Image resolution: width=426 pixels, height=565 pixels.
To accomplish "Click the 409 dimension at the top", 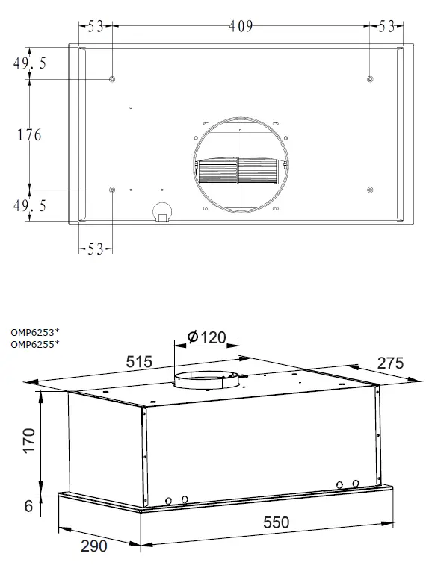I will pyautogui.click(x=241, y=27).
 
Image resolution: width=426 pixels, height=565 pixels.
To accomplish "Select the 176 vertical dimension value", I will pyautogui.click(x=29, y=135).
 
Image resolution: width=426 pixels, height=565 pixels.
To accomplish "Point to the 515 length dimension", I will pyautogui.click(x=138, y=362).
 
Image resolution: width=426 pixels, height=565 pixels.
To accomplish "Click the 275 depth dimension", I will pyautogui.click(x=389, y=363).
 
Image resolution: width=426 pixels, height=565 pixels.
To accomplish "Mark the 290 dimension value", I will pyautogui.click(x=93, y=546).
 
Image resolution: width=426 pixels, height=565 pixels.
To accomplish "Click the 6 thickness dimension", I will pyautogui.click(x=28, y=506).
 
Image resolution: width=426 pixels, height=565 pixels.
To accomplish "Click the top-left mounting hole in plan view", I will pyautogui.click(x=112, y=79).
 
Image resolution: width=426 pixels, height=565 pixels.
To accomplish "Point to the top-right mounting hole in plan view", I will pyautogui.click(x=371, y=79).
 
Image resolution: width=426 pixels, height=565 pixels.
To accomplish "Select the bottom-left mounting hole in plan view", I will pyautogui.click(x=112, y=190).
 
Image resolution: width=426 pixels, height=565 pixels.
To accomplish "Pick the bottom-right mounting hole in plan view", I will pyautogui.click(x=371, y=190).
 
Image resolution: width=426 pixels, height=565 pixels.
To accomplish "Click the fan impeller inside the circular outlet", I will pyautogui.click(x=239, y=169).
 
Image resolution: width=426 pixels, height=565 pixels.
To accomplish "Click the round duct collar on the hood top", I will pyautogui.click(x=207, y=381).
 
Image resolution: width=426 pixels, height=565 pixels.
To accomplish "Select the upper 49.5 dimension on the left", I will pyautogui.click(x=29, y=64).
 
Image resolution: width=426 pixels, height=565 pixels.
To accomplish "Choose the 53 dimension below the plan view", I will pyautogui.click(x=95, y=249).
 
